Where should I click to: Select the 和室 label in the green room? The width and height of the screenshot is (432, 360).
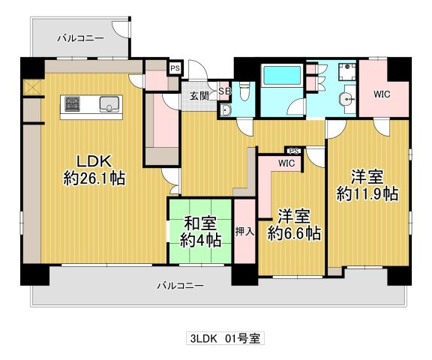click(x=200, y=223)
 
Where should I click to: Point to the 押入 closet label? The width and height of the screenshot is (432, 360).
click(x=244, y=231)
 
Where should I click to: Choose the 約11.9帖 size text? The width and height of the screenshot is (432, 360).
click(x=367, y=193)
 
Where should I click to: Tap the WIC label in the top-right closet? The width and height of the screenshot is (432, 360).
click(x=382, y=95)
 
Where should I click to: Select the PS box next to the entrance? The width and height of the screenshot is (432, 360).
click(x=175, y=68)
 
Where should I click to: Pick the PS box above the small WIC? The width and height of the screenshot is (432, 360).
click(x=294, y=150)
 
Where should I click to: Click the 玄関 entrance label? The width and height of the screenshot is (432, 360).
click(x=199, y=95)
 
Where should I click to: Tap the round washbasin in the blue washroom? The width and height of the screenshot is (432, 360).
click(x=346, y=99)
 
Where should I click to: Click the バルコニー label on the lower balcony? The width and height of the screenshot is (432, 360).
click(x=180, y=286)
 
